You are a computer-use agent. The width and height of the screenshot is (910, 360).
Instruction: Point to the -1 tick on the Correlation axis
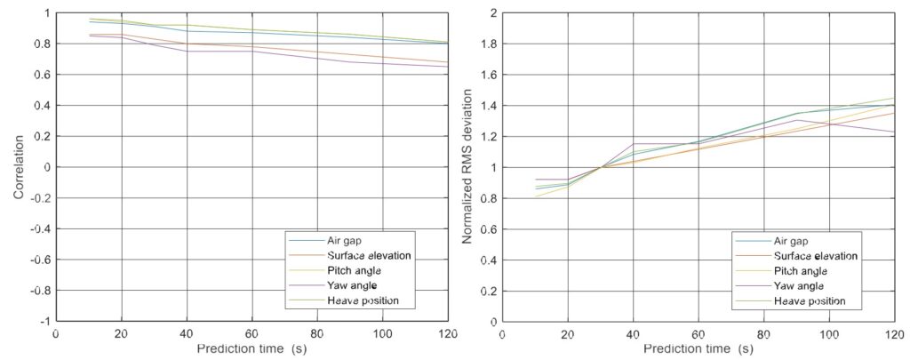44,321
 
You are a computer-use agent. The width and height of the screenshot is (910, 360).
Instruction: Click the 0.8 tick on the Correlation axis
42,44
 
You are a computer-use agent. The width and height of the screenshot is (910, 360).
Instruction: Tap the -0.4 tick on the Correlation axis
40,228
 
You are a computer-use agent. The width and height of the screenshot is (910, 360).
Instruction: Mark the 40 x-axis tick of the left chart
185,333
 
